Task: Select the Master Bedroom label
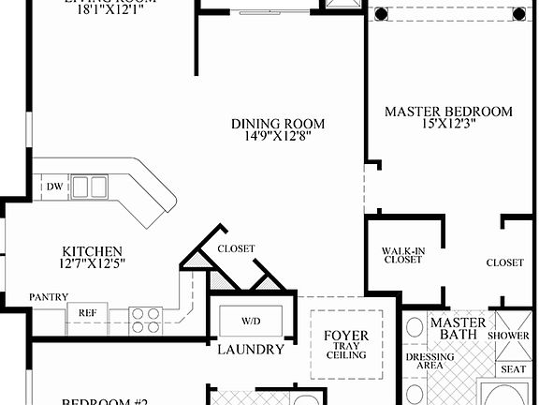point(448,112)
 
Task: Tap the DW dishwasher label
point(54,187)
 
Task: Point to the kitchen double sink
point(90,187)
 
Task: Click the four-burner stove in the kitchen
point(145,320)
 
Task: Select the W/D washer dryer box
point(251,321)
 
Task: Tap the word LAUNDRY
point(250,350)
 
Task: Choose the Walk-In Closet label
point(402,255)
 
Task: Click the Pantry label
point(48,297)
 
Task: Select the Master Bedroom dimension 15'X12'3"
point(448,125)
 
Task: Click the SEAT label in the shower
point(514,369)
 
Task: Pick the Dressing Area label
point(430,361)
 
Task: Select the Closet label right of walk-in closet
point(505,262)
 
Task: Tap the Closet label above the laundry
point(236,248)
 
